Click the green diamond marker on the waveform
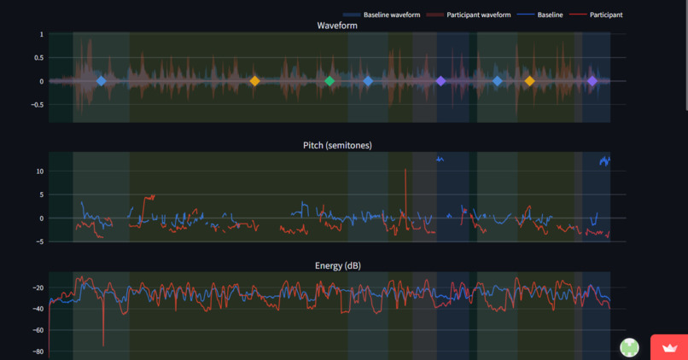coord(329,81)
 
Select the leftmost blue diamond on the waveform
coord(102,81)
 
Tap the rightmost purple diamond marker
coord(592,81)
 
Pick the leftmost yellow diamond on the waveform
coord(254,81)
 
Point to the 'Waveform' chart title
coord(337,26)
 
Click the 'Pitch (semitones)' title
coord(337,145)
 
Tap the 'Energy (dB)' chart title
coord(338,265)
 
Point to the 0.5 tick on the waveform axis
coord(38,58)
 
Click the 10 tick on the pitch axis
coord(40,171)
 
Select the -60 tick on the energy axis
coord(38,330)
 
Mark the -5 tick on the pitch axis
coord(39,241)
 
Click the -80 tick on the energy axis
coord(38,351)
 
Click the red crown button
coord(669,347)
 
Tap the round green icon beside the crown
coord(629,347)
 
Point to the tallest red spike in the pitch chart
coord(405,169)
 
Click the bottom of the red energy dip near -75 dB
coord(103,345)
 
